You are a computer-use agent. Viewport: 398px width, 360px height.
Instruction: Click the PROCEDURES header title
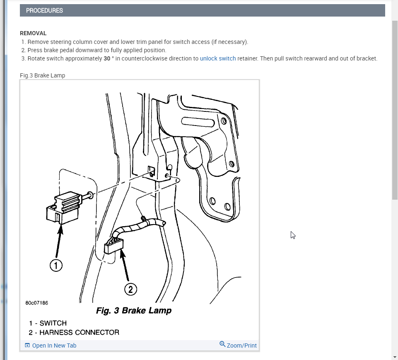click(x=44, y=11)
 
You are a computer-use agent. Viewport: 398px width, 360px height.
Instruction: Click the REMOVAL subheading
click(x=33, y=33)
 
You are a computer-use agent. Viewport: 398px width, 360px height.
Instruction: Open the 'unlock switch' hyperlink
click(x=218, y=58)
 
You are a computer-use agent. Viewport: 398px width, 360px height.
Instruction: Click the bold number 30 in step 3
click(x=107, y=58)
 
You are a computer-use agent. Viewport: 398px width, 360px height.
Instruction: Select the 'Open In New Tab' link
click(x=51, y=346)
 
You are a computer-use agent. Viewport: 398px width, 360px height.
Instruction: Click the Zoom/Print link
click(x=238, y=345)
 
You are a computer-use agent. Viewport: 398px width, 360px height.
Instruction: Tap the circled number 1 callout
click(x=56, y=266)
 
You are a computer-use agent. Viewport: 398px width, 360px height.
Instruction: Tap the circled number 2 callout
click(x=130, y=289)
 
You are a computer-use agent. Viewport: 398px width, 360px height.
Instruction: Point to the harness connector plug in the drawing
click(x=113, y=246)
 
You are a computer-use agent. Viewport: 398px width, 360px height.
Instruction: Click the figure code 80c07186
click(x=37, y=303)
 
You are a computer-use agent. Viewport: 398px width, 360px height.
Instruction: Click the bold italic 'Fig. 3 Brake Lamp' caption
click(x=134, y=310)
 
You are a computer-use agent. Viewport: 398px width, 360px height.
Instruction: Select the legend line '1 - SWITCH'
click(x=48, y=323)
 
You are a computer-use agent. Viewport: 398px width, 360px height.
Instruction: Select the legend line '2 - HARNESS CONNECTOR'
click(x=74, y=333)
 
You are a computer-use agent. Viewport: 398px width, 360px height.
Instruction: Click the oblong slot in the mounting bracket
click(x=198, y=122)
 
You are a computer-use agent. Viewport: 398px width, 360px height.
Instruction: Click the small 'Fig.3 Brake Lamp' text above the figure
click(x=42, y=75)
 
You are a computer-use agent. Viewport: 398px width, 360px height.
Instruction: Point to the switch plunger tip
click(x=91, y=196)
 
